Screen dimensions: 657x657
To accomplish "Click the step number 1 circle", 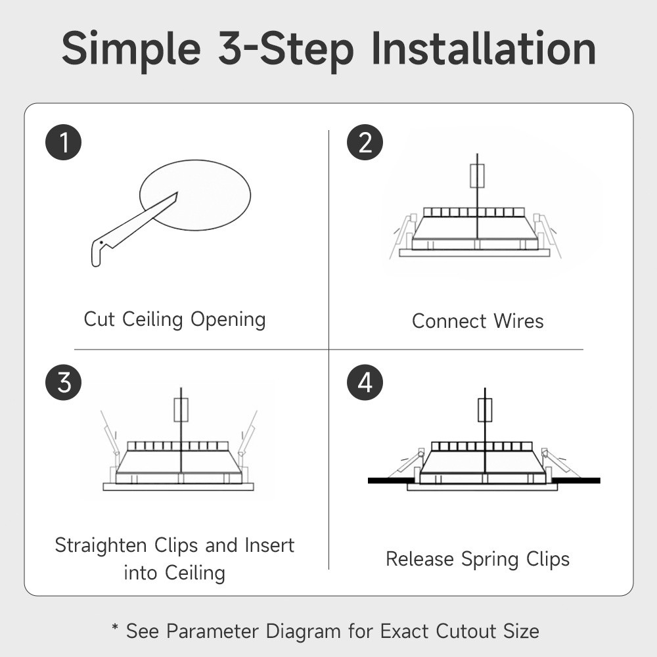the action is pos(63,142).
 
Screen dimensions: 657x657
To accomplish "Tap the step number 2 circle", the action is pos(365,142).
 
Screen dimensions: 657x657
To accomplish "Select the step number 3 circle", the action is pos(63,382).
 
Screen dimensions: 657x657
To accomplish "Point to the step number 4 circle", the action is pos(365,382).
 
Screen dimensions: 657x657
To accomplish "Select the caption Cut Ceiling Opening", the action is pos(175,320).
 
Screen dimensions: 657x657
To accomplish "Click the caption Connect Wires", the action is pos(478,321).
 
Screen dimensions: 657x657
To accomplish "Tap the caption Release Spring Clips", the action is pos(478,559).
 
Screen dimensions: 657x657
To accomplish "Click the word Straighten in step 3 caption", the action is pos(101,546).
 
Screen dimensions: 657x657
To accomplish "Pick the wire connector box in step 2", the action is pos(477,176).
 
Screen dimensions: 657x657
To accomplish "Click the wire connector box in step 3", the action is pos(181,410).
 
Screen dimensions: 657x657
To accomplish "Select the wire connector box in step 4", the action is pos(485,410).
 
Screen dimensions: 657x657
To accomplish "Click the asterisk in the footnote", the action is pos(115,627).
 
